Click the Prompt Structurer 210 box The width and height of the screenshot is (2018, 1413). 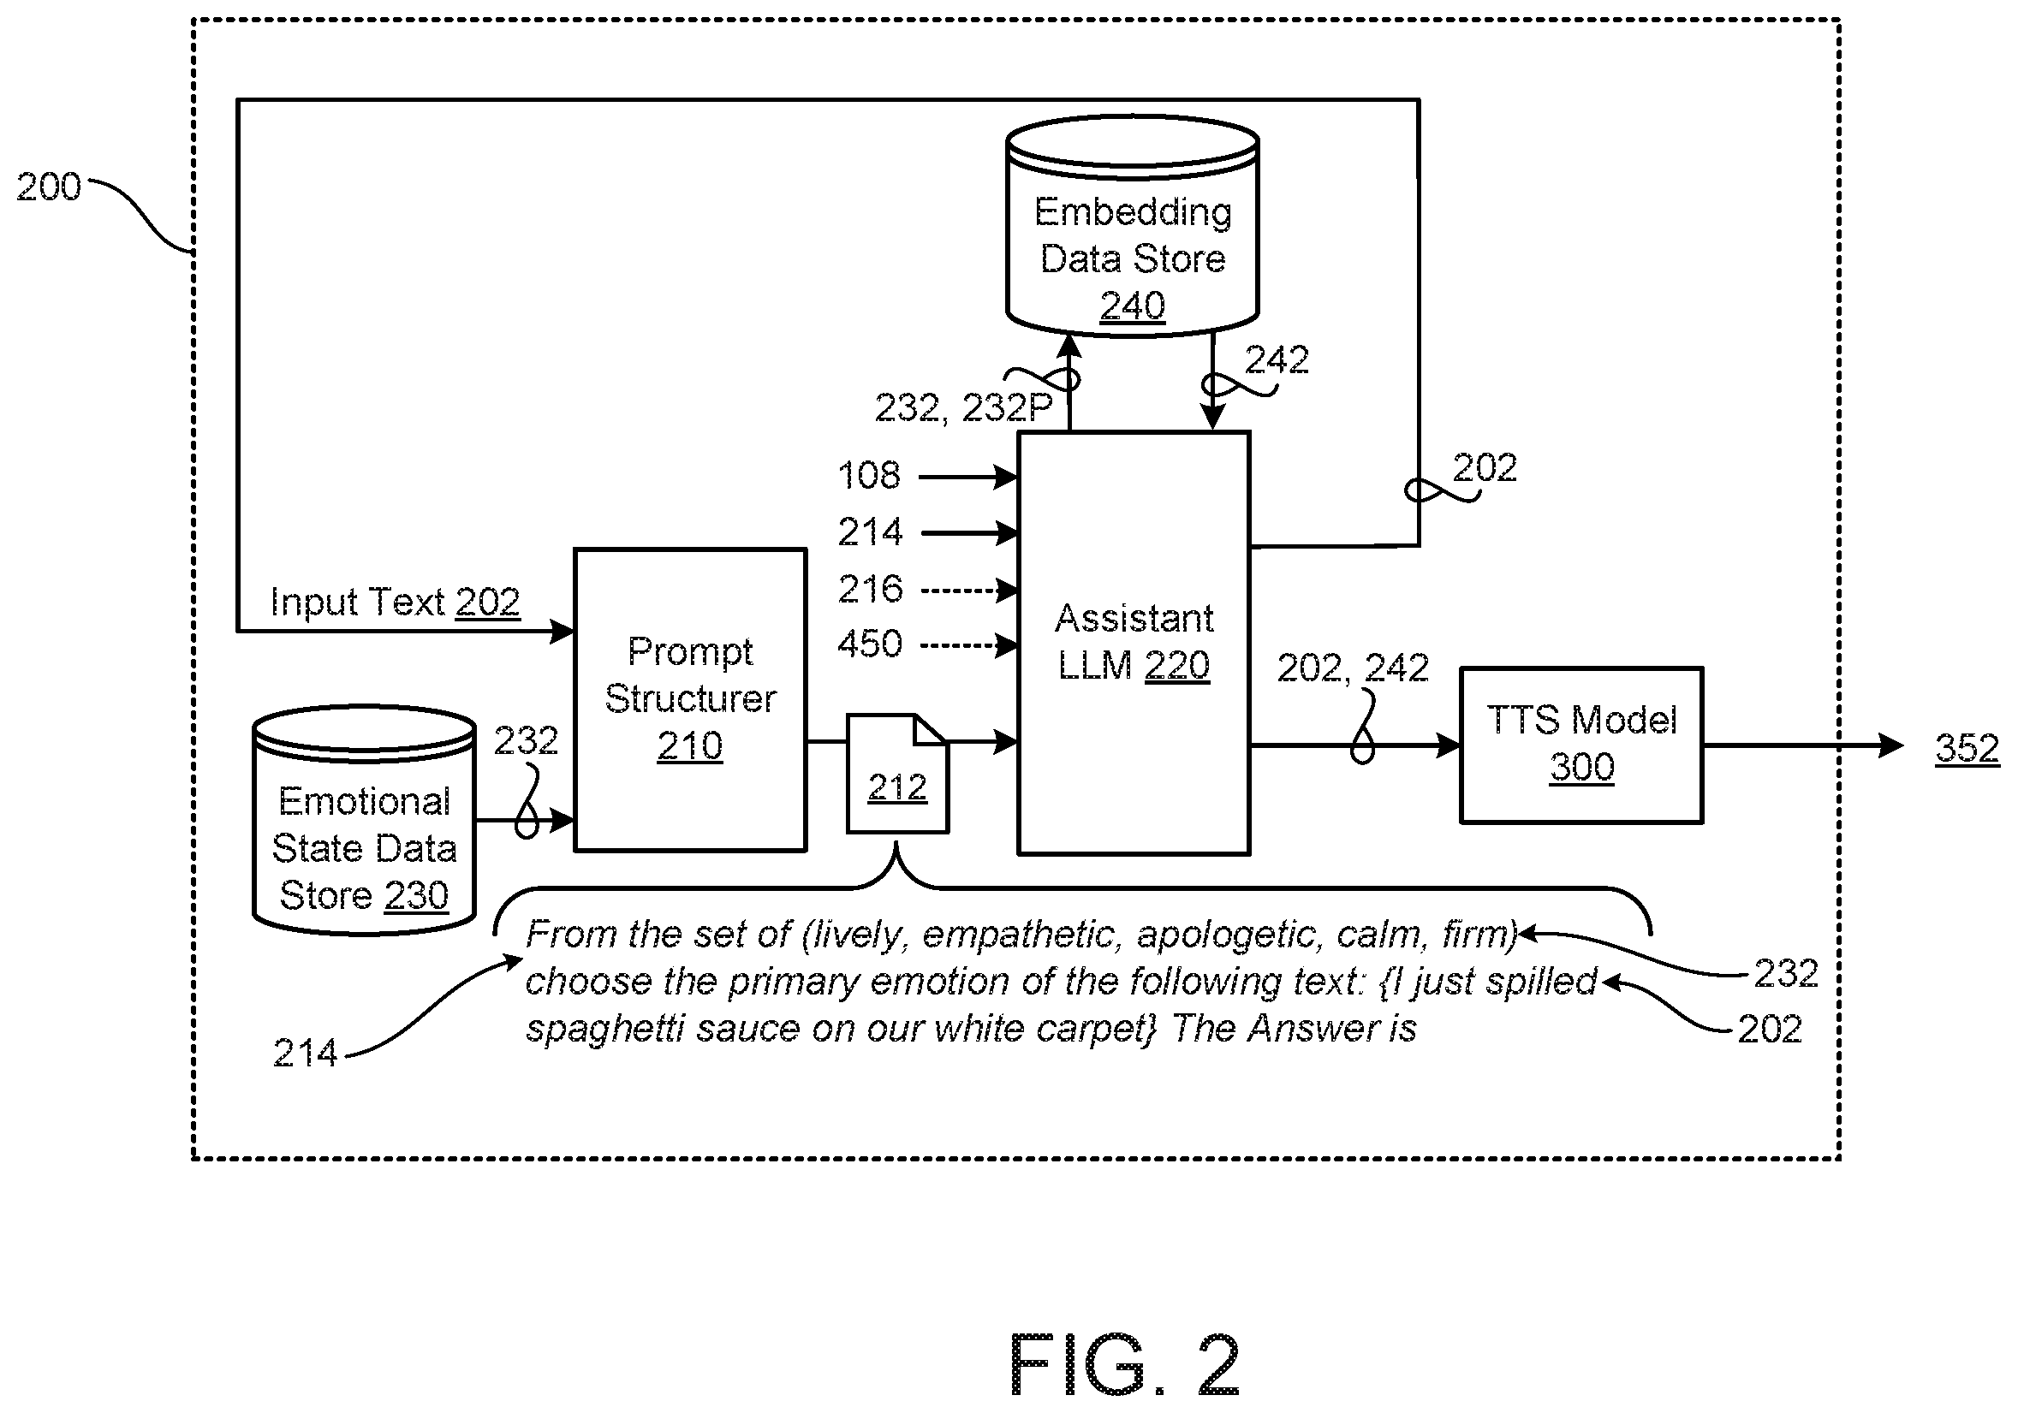click(x=690, y=699)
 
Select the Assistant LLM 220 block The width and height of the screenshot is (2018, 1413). click(x=1133, y=643)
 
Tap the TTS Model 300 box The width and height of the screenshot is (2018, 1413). click(x=1581, y=745)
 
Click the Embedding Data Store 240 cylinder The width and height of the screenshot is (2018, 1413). click(x=1132, y=225)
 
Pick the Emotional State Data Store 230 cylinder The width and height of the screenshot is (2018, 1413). click(x=364, y=819)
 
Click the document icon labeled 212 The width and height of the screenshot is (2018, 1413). click(x=897, y=774)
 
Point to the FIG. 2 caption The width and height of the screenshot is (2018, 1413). click(x=1125, y=1365)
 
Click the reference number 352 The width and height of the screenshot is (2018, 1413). click(x=1967, y=749)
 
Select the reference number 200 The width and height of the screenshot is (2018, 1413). click(x=48, y=187)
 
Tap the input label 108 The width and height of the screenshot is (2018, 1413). click(x=869, y=475)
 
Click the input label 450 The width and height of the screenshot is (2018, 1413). click(x=869, y=644)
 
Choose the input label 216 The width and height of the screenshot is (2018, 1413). click(x=869, y=589)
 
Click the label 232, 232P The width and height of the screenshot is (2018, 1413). click(x=963, y=407)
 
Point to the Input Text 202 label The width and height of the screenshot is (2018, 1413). click(x=395, y=602)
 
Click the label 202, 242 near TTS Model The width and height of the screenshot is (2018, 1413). click(x=1353, y=668)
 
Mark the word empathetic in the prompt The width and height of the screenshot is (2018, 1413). click(x=1022, y=935)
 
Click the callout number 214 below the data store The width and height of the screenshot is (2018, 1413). click(x=305, y=1053)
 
